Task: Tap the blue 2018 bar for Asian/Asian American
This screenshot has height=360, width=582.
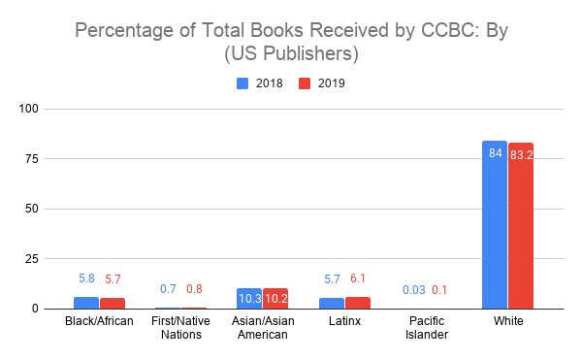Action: [250, 299]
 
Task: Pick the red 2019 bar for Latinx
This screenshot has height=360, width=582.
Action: [358, 303]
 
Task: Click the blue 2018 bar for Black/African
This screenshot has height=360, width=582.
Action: [85, 303]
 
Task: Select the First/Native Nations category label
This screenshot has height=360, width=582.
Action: [180, 327]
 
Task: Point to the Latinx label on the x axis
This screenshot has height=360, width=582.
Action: [344, 320]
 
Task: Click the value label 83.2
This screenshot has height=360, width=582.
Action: [521, 154]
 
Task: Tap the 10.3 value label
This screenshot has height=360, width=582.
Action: [250, 300]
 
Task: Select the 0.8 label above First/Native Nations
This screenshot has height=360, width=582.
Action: [194, 289]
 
